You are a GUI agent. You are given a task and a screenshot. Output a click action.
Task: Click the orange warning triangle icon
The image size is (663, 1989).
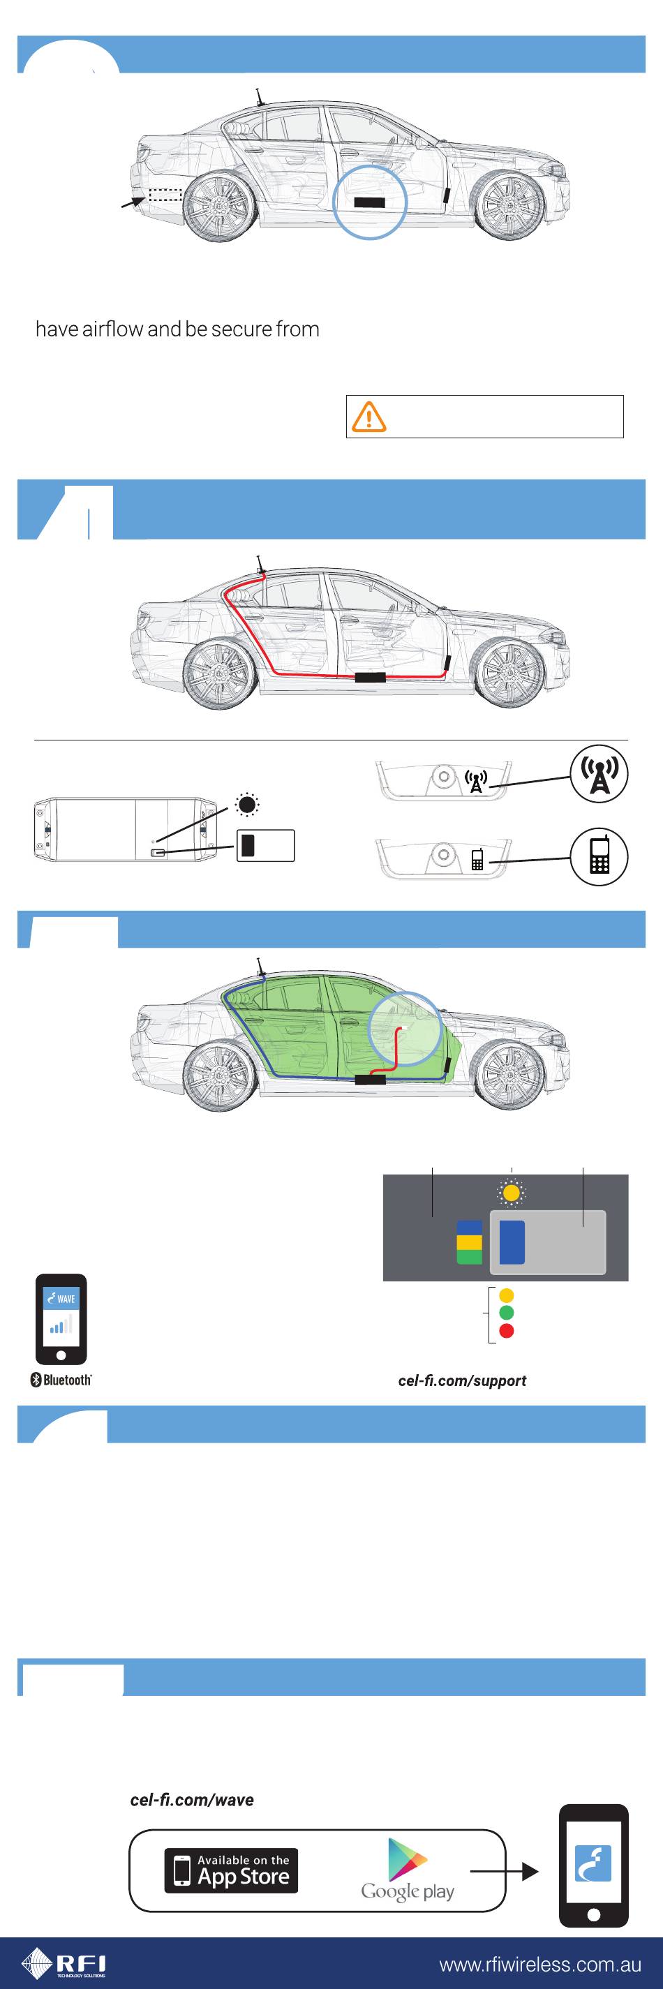coord(369,416)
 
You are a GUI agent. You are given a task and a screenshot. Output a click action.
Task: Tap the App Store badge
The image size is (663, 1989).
coord(231,1870)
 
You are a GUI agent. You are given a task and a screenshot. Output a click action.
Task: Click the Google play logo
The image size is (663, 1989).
coord(408,1870)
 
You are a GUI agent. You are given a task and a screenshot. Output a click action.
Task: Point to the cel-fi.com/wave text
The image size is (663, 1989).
coord(191,1800)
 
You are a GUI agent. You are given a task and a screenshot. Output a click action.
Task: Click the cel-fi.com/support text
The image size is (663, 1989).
coord(461,1380)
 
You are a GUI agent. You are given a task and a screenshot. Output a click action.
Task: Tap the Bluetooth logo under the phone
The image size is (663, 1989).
coord(61,1380)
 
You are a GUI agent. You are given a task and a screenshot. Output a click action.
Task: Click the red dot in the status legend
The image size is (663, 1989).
coord(506,1330)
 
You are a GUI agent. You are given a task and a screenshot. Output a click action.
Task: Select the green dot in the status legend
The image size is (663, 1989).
coord(506,1313)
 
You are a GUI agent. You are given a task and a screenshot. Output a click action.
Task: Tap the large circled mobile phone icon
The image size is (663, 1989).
coord(599,856)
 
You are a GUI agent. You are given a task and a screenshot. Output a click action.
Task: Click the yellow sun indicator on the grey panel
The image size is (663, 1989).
coord(511,1193)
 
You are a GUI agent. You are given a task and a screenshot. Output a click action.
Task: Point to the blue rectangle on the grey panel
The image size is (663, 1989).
coord(512,1242)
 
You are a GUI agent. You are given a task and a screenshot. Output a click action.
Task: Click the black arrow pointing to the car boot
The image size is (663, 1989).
coord(133,202)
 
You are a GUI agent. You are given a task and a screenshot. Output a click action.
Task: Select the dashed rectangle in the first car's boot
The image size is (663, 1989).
coord(165,195)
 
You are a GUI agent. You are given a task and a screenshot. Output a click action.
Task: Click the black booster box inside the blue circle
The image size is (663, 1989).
coord(369,202)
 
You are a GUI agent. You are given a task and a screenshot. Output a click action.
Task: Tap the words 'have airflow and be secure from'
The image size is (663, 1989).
coord(177,329)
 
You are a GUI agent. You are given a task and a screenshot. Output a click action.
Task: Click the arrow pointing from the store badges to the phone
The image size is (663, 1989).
coord(504,1871)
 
